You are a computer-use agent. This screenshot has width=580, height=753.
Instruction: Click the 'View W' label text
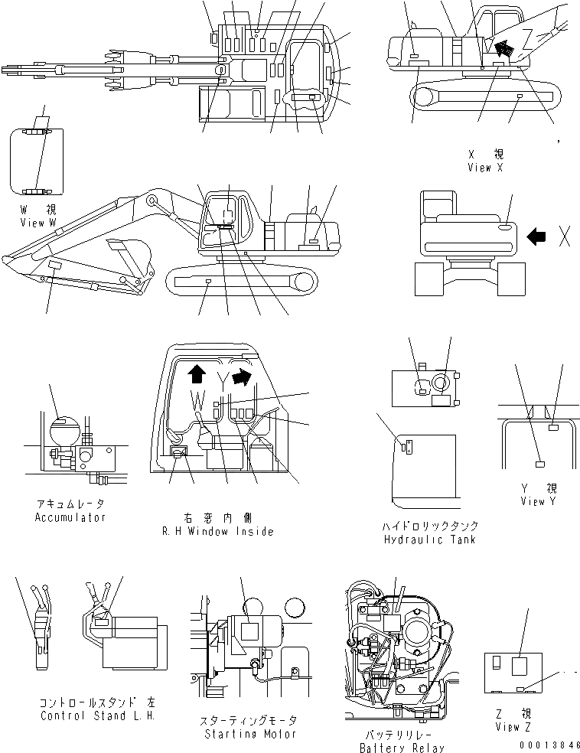click(38, 222)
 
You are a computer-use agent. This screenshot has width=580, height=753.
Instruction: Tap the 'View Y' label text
click(543, 501)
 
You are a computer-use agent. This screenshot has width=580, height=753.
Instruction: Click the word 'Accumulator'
click(70, 517)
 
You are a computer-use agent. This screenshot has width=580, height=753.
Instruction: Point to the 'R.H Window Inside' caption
click(219, 531)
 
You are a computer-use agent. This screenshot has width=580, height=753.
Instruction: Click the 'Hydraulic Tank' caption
click(429, 539)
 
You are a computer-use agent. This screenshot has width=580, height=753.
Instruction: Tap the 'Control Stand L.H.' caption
click(97, 716)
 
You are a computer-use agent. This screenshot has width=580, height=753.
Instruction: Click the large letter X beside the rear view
click(564, 237)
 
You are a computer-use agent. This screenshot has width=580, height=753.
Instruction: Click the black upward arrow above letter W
click(196, 373)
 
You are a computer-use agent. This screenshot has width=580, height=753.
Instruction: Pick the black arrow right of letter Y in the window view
click(243, 376)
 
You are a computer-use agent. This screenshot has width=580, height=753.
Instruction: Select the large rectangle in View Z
click(518, 665)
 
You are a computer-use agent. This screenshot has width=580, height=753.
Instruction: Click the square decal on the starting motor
click(249, 631)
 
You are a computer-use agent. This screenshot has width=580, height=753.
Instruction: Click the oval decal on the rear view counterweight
click(505, 227)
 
